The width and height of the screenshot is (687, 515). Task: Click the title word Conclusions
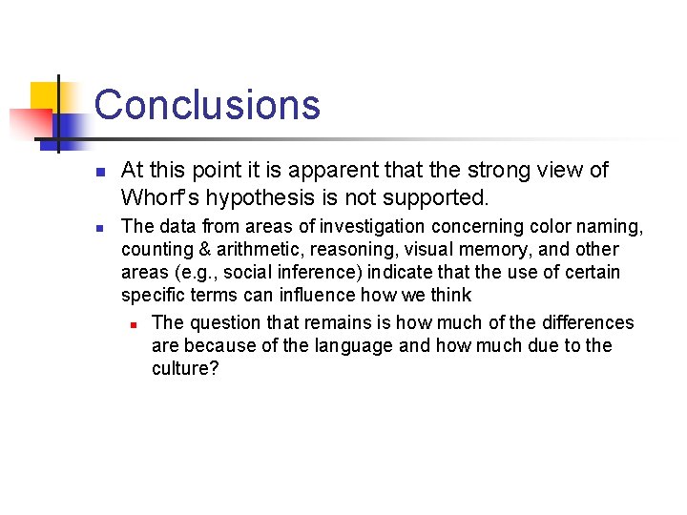[x=207, y=104]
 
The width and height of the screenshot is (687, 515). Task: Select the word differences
[x=587, y=323]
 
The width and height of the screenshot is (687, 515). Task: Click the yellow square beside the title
[x=45, y=96]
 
